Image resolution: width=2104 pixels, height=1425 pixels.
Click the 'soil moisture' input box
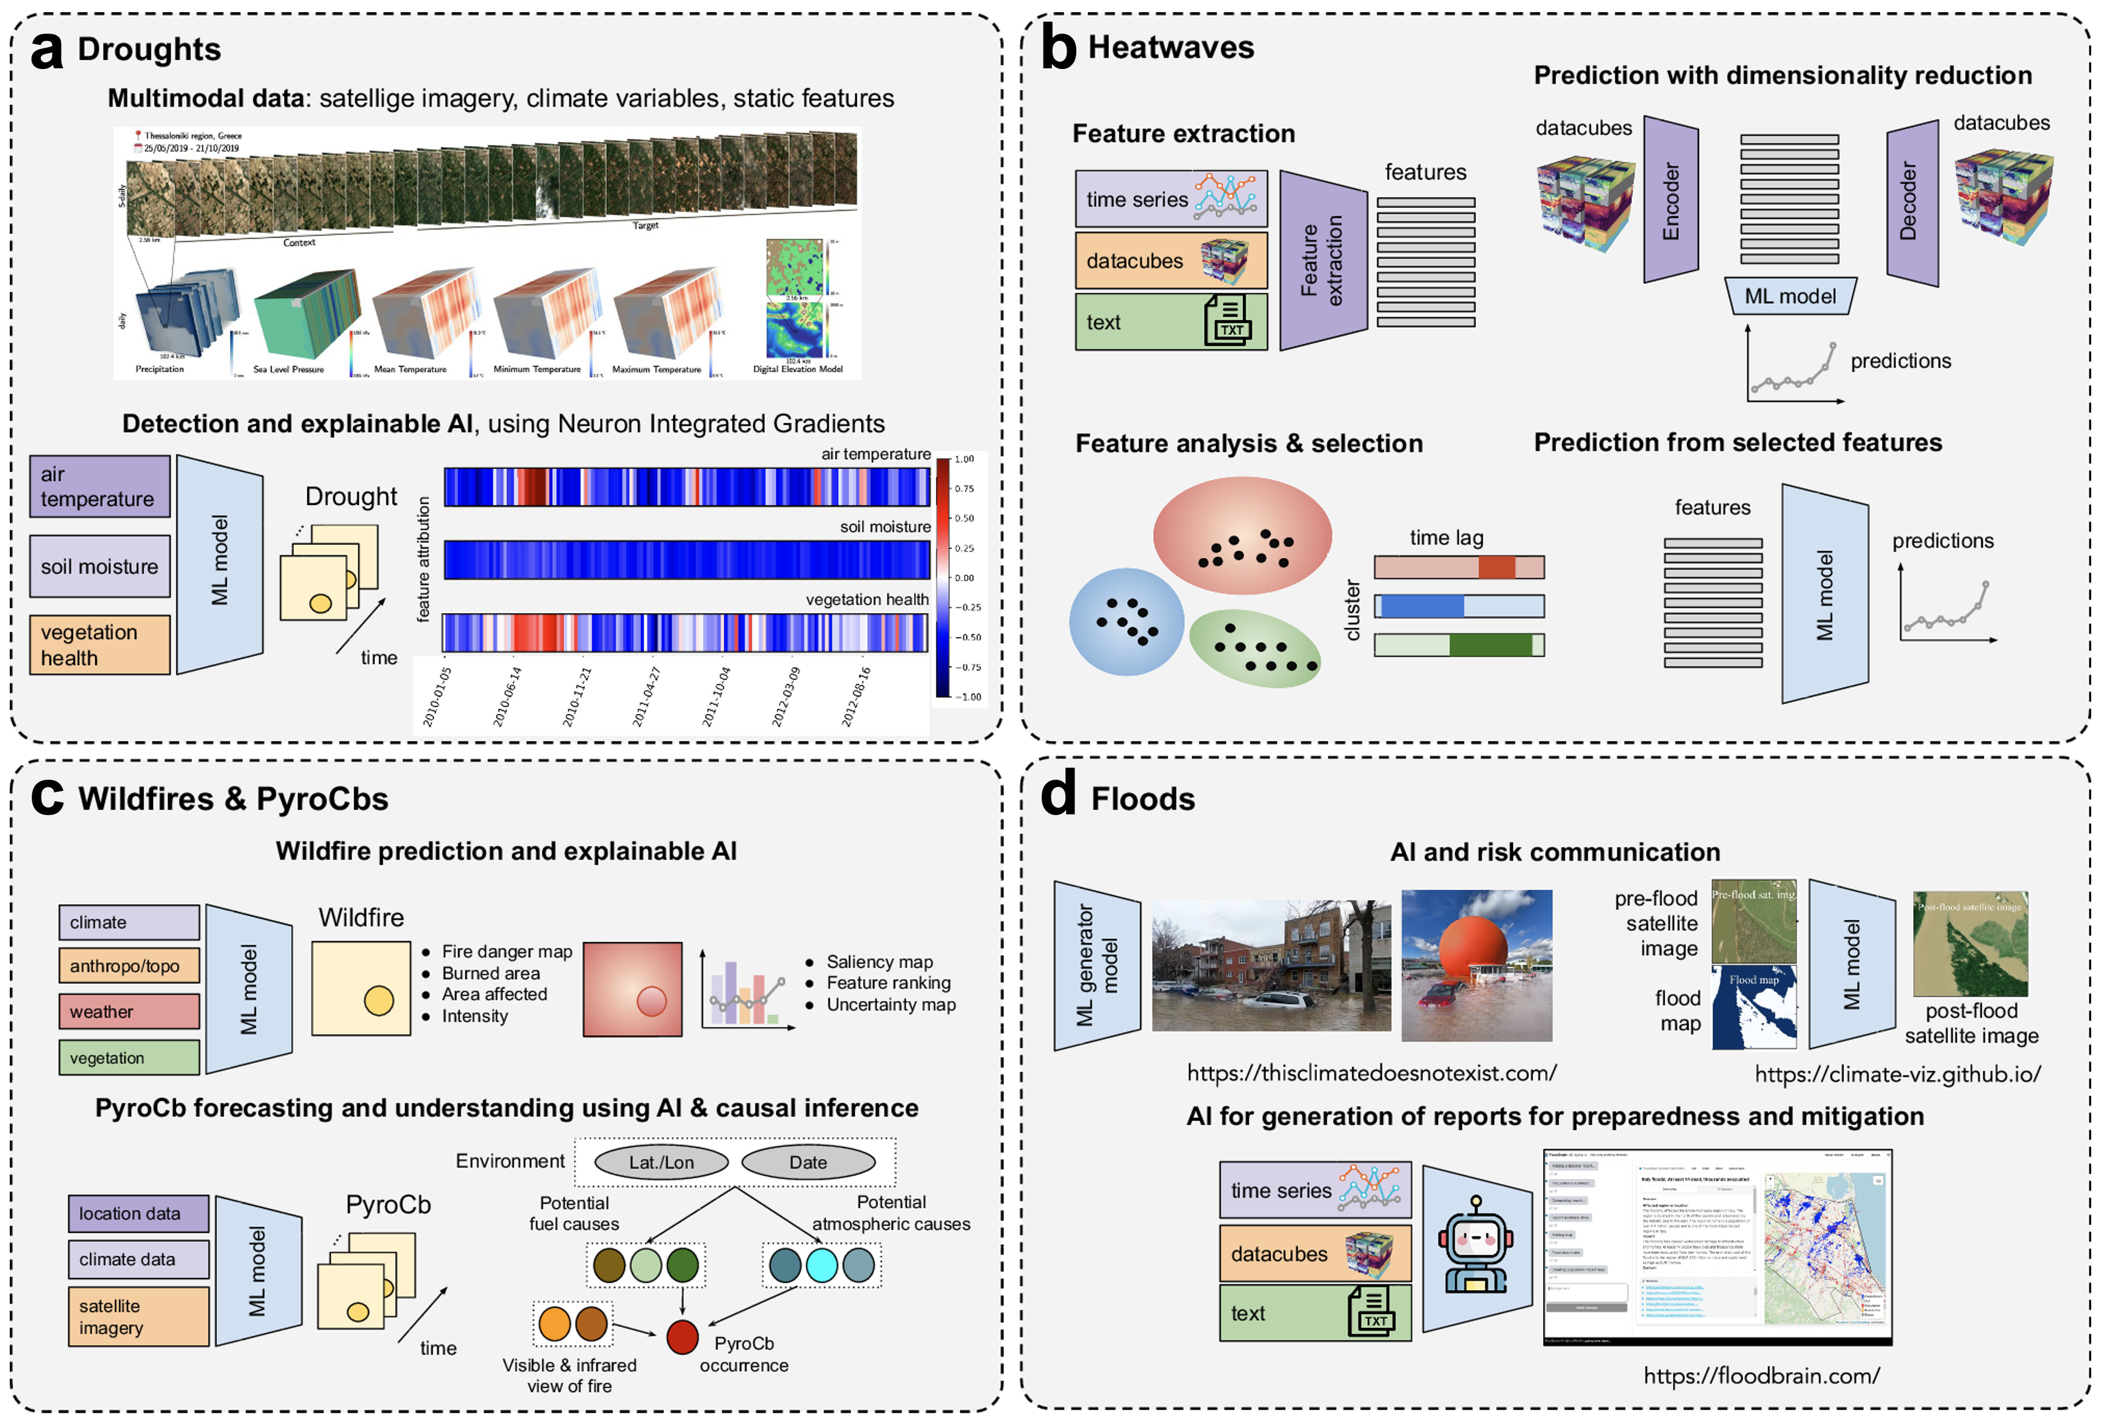click(x=99, y=566)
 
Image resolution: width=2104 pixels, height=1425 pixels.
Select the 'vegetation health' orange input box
click(x=99, y=645)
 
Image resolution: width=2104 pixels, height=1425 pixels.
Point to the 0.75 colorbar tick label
click(x=964, y=489)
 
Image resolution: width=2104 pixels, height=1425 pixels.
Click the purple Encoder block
click(x=1670, y=200)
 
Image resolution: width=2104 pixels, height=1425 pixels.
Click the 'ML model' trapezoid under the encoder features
click(x=1790, y=296)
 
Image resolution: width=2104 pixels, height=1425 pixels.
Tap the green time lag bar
click(x=1459, y=645)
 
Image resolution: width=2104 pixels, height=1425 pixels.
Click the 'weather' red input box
click(x=129, y=1011)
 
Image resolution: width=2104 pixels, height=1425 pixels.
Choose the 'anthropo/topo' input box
click(x=129, y=966)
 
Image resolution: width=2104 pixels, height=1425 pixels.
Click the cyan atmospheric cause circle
click(x=821, y=1265)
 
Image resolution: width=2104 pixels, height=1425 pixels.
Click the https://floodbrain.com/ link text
click(x=1761, y=1376)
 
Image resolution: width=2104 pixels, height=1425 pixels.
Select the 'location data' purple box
click(x=138, y=1213)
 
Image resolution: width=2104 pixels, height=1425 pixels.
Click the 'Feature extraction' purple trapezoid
click(x=1322, y=260)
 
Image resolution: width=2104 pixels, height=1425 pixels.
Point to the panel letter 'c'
click(x=47, y=796)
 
